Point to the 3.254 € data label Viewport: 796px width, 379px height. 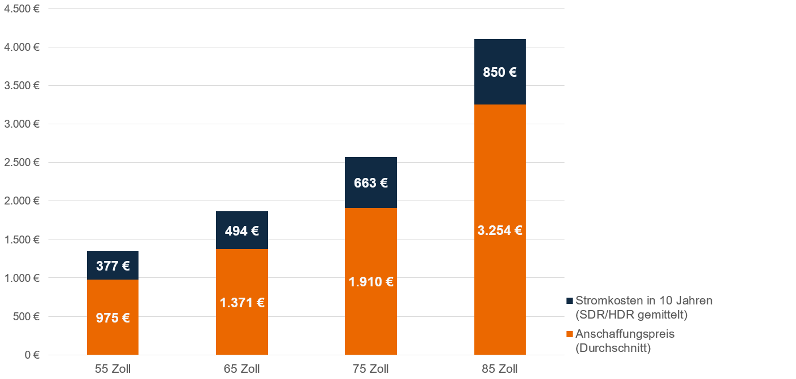[500, 230]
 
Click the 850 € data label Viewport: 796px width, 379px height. [500, 72]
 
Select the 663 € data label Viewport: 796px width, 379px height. [371, 183]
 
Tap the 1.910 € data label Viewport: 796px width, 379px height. [371, 282]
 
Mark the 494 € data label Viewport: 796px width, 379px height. [242, 230]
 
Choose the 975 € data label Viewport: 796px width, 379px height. [113, 317]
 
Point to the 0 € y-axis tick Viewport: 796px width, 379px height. [31, 355]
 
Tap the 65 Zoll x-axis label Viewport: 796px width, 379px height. [242, 369]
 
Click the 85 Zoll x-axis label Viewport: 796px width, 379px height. [500, 369]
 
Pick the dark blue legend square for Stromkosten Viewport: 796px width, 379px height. [569, 300]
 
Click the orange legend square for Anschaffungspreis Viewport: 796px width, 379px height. [569, 334]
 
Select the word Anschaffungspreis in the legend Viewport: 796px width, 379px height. [625, 334]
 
